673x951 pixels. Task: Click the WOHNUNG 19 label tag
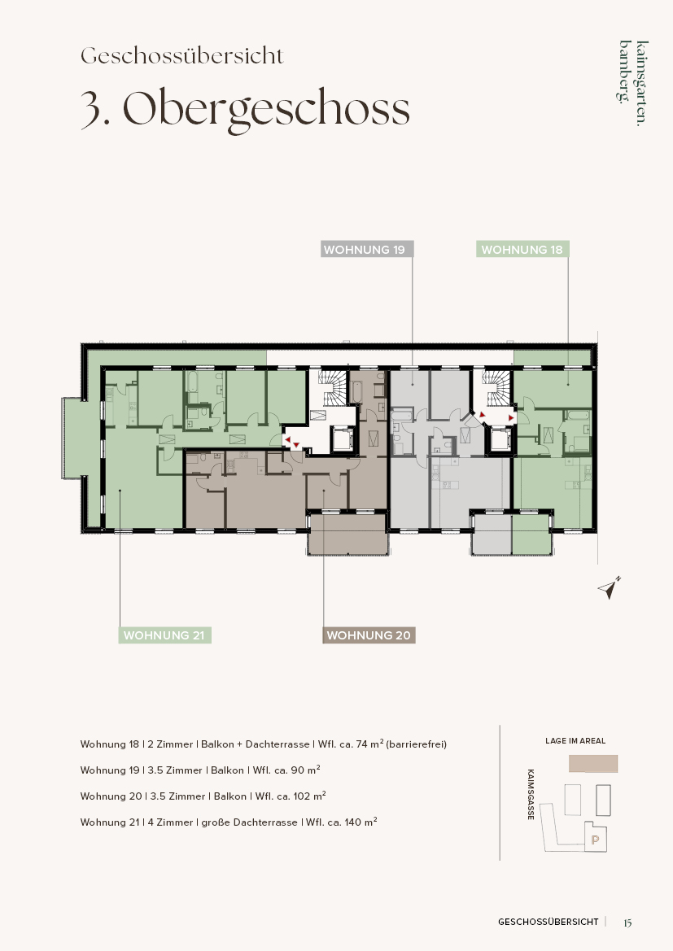pos(367,249)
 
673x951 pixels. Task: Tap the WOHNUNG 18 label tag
pos(522,249)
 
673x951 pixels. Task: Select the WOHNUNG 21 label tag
pos(164,635)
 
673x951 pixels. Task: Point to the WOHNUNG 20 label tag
pos(369,635)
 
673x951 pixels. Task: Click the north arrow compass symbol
pos(609,587)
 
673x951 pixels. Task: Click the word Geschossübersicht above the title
pos(182,56)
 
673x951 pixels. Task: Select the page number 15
pos(627,923)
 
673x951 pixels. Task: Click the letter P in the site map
pos(596,840)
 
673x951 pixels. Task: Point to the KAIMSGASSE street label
pos(531,795)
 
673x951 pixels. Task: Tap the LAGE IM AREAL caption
pos(575,740)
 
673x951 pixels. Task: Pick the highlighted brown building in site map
pos(593,764)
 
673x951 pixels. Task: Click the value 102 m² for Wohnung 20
pos(309,796)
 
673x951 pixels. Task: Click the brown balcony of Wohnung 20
pos(347,534)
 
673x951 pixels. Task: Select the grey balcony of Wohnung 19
pos(492,534)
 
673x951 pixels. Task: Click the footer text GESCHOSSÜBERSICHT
pos(548,922)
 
